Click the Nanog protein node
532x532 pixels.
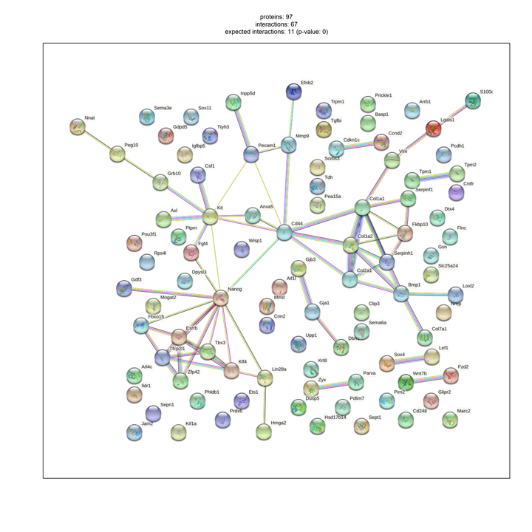220,298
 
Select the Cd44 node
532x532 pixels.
284,233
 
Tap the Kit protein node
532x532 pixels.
211,216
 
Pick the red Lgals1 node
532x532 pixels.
434,129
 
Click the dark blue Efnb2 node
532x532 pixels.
293,91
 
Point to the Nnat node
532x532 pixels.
77,127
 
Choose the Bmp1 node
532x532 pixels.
401,293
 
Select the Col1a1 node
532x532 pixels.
361,208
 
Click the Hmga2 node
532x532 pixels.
264,432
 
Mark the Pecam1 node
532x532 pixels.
251,154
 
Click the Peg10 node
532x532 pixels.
117,154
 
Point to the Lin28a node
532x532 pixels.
265,378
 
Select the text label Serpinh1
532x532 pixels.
403,253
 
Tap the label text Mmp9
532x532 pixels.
302,136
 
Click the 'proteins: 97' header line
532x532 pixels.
276,16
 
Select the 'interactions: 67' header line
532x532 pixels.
276,24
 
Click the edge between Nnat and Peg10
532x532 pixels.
97,140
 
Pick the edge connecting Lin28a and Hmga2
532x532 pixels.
264,405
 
